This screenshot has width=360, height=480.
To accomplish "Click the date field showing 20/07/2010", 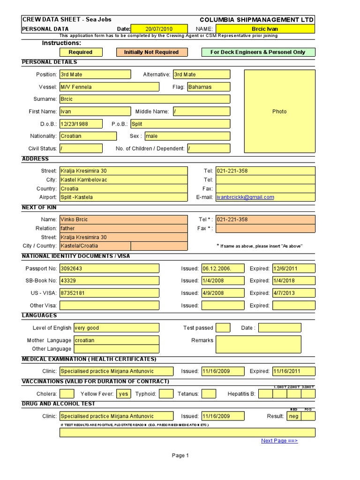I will tap(158, 29).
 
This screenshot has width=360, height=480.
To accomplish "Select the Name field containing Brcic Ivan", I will tap(265, 29).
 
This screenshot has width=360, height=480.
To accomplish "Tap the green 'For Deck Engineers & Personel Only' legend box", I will tap(258, 52).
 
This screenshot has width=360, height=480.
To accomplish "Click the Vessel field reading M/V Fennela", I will tap(95, 87).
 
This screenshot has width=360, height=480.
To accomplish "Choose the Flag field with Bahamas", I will tap(209, 87).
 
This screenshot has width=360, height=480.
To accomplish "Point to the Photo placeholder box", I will tap(279, 112).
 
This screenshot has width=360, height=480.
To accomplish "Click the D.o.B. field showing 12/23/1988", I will tap(81, 124).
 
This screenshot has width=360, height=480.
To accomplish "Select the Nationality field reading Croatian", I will tap(88, 136).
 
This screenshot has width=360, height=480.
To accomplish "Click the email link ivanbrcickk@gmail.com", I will tap(245, 197).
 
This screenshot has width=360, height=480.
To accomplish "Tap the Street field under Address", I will tap(123, 171).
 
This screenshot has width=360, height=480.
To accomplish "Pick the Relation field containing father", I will tap(123, 228).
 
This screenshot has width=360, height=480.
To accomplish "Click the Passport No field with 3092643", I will tap(109, 269).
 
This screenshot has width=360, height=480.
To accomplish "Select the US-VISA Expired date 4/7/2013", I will tap(293, 293).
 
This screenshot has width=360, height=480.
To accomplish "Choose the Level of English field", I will tap(109, 328).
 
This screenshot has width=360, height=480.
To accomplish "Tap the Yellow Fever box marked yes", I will tap(124, 394).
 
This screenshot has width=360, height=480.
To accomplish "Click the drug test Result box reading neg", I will tap(293, 416).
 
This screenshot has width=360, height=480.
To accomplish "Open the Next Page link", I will tap(279, 441).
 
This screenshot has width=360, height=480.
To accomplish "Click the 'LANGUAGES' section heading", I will tap(40, 315).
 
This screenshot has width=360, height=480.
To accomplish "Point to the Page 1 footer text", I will tap(180, 455).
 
